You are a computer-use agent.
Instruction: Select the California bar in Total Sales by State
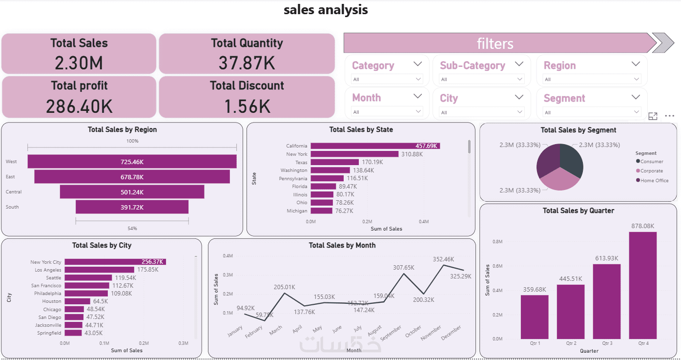point(375,146)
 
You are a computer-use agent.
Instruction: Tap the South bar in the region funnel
point(132,207)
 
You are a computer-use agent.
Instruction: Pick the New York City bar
point(115,262)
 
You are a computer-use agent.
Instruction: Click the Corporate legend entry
point(652,171)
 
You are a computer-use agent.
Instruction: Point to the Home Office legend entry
point(654,181)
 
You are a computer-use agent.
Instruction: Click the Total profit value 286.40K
point(79,106)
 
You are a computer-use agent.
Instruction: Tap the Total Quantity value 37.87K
point(247,63)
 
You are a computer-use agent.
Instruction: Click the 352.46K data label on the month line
point(443,259)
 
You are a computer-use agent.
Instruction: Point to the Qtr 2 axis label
point(571,343)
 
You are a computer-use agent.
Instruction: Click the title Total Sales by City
point(102,245)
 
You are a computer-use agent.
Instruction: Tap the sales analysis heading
point(326,10)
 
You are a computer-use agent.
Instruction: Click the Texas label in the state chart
point(301,162)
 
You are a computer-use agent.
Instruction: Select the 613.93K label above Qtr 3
point(606,258)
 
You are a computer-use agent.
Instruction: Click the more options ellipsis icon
point(669,116)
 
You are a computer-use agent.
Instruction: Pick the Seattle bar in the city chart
point(88,278)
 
